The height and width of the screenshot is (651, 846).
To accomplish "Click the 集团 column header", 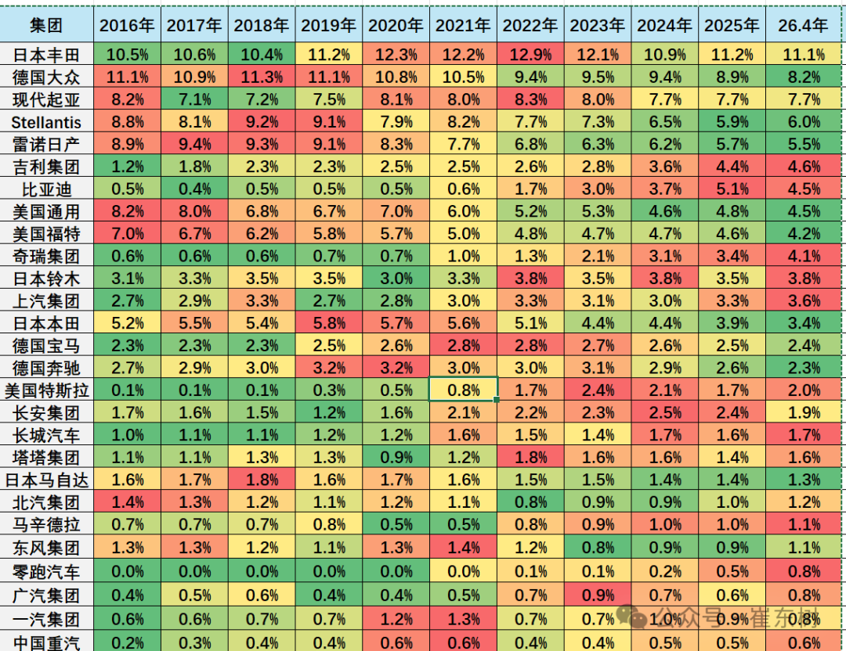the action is coord(46,25).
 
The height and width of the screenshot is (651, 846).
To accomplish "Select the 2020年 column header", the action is coord(396,25).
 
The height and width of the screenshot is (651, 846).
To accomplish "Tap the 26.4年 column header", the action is coord(803,25).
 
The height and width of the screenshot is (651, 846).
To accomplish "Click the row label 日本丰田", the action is coord(46,55).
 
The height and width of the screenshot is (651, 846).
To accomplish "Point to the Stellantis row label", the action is coord(46,122).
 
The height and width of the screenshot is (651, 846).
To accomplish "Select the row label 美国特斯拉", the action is coord(46,390).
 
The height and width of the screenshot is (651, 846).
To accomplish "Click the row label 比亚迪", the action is coord(46,189).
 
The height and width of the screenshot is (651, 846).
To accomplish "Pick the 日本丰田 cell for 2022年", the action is coord(531,55).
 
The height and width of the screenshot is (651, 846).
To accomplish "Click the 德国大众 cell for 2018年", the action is coord(262,77).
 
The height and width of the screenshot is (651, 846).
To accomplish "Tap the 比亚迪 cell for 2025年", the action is coord(732,189).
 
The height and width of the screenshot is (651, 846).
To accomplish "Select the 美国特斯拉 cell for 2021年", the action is coord(464,390).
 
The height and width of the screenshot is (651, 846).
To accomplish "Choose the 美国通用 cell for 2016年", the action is coord(128,211).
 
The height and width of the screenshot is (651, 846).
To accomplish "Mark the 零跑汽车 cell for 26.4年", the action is coord(803,571).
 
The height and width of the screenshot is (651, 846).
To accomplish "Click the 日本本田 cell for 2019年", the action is coord(329,323).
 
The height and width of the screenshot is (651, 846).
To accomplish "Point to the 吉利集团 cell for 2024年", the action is coord(665,167).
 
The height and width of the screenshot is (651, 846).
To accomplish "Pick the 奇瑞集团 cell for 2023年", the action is coord(598,256).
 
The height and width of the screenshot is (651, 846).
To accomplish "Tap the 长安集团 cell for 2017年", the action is coord(195,413).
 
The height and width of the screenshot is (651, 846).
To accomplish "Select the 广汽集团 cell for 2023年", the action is coord(598,595).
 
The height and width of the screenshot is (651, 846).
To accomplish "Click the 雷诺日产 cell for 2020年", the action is coord(396,144).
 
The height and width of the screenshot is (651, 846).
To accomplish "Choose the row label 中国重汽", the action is coord(46,642).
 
